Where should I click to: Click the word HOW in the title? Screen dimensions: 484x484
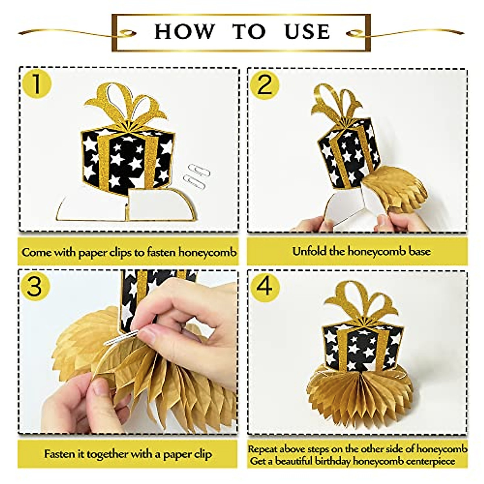click(185, 31)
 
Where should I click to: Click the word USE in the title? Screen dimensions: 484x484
click(307, 31)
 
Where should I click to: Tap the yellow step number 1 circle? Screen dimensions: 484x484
click(37, 84)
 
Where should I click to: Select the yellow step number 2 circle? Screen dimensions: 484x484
click(265, 85)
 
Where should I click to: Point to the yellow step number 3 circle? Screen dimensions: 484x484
click(34, 287)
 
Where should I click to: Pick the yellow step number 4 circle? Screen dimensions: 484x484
click(264, 287)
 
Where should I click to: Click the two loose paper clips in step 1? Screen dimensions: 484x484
click(197, 176)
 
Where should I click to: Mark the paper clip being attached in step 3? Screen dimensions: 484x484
click(121, 338)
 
